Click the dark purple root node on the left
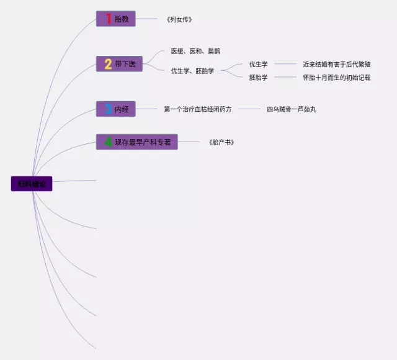coord(32,184)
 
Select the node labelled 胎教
coord(116,19)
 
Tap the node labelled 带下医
coord(120,64)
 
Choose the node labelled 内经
coord(116,109)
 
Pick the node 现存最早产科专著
coord(137,142)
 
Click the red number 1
coord(109,19)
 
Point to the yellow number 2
coord(108,64)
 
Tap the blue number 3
coord(108,109)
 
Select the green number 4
coord(108,142)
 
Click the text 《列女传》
coord(179,19)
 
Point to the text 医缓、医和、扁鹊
coord(195,51)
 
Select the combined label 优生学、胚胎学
coord(192,71)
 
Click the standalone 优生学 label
coord(259,64)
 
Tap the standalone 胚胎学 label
coord(259,78)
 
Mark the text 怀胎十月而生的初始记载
coord(337,78)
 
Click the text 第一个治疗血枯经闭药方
coord(198,109)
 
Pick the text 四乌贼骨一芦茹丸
coord(292,109)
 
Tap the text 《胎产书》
coord(221,142)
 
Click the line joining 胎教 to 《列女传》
coord(148,19)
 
